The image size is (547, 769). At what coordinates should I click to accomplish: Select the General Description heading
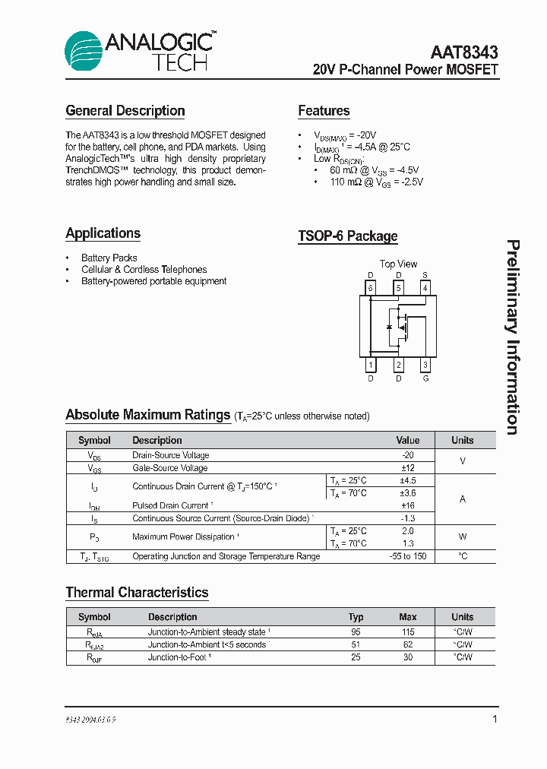(x=125, y=111)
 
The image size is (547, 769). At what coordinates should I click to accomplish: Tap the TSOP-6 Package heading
(x=347, y=236)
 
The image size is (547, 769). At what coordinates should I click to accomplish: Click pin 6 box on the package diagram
(x=370, y=288)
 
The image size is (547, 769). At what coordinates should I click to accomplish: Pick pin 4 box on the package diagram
(x=425, y=288)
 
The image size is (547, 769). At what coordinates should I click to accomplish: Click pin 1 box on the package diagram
(x=370, y=366)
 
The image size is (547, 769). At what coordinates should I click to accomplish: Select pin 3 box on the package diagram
(x=425, y=366)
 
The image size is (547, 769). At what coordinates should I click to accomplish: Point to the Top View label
(x=398, y=264)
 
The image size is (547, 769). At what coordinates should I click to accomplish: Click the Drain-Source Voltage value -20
(x=408, y=455)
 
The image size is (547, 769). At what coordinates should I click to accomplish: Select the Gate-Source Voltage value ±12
(x=408, y=468)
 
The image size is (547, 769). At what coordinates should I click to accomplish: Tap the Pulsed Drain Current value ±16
(x=408, y=505)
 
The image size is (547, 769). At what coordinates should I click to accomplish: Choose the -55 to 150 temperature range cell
(x=408, y=556)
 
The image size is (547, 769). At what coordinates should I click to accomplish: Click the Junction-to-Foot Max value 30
(x=408, y=657)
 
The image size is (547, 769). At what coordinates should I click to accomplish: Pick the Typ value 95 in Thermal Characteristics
(x=356, y=632)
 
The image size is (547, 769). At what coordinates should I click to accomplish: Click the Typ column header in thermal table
(x=356, y=617)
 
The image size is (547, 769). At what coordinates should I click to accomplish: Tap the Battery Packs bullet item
(x=109, y=258)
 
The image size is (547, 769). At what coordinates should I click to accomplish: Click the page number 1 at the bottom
(x=495, y=719)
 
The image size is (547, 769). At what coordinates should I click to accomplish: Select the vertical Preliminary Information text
(x=513, y=337)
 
